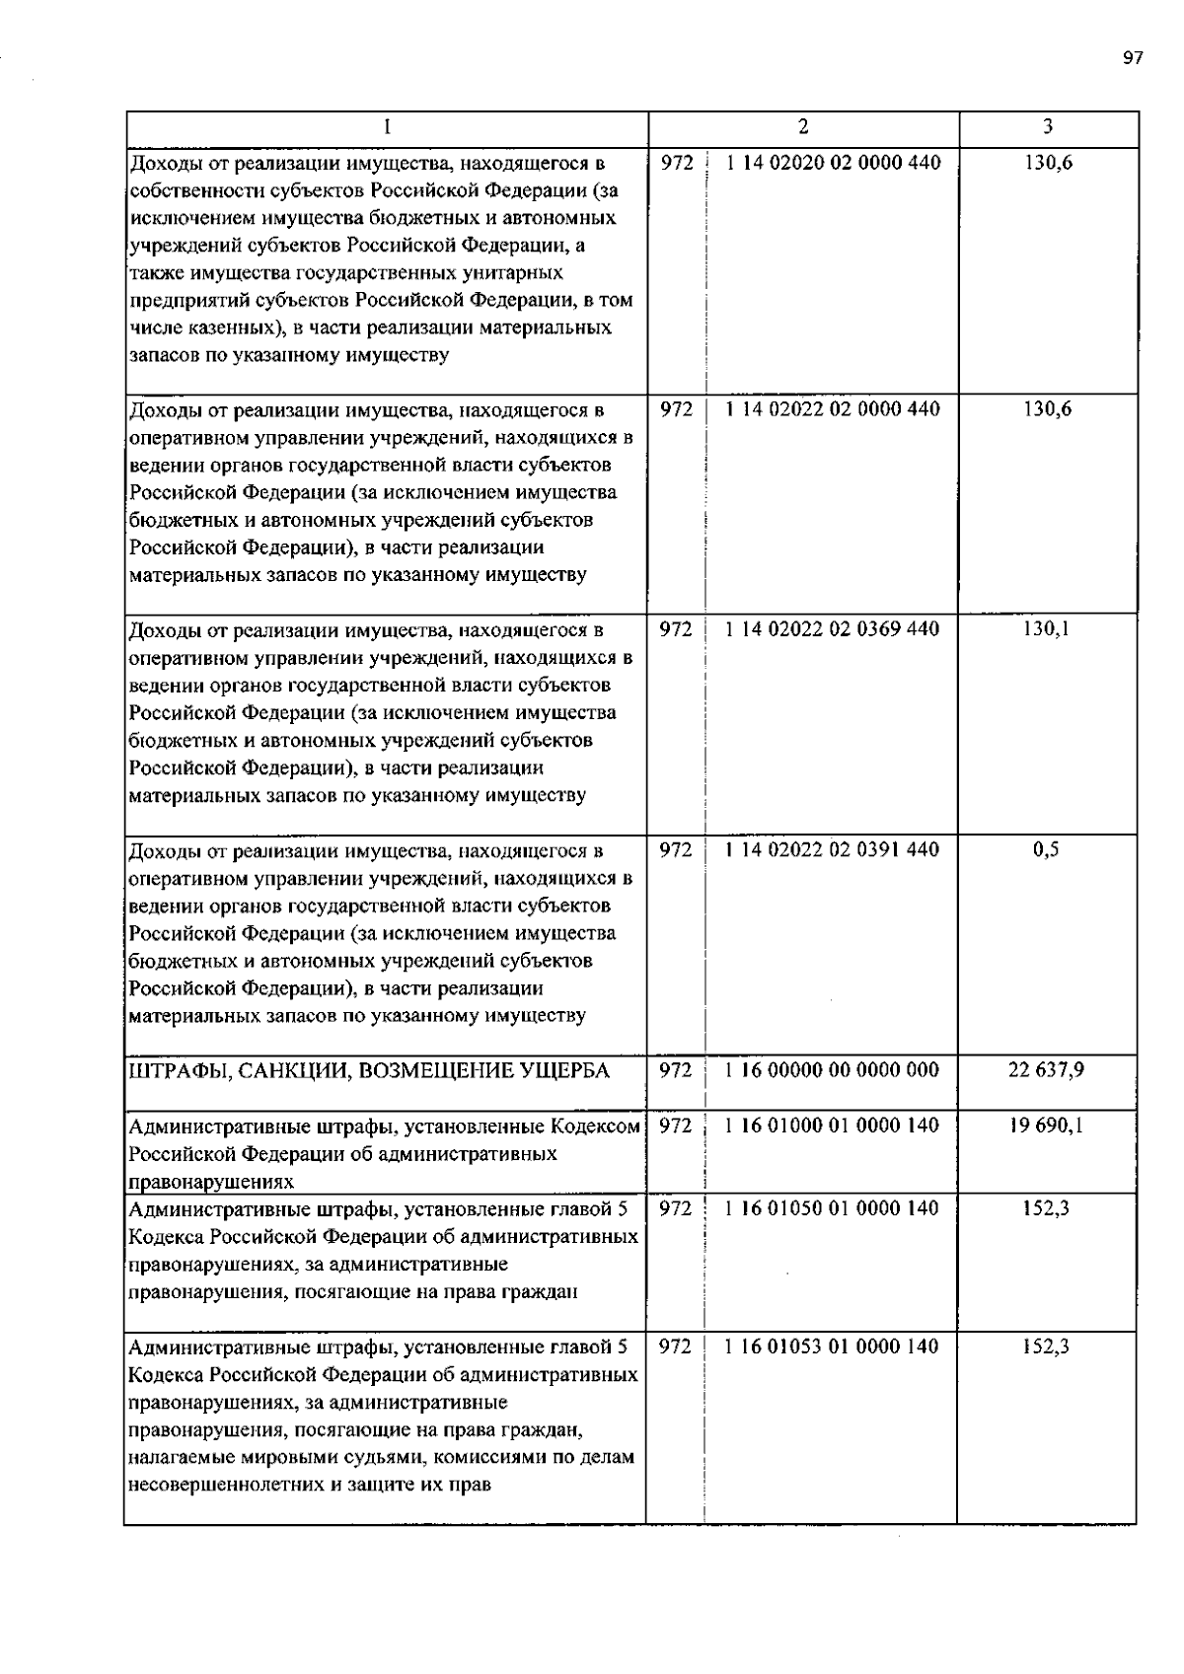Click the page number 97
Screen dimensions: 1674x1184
point(1132,57)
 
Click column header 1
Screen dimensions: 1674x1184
point(387,126)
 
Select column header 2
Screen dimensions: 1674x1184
point(803,126)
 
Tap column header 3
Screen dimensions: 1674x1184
point(1047,126)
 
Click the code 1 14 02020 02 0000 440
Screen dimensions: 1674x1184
point(833,163)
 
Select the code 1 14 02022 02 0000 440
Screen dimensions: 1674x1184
point(833,409)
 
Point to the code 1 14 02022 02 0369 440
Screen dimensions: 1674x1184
point(833,629)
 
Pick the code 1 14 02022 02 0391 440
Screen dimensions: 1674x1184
point(833,850)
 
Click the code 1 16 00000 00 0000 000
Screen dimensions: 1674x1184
point(833,1070)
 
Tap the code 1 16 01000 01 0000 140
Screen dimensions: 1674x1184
point(833,1126)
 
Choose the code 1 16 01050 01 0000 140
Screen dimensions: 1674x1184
point(833,1208)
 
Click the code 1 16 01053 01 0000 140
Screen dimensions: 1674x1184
point(833,1346)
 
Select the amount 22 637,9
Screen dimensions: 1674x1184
point(1046,1070)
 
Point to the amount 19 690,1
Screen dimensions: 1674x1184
point(1046,1126)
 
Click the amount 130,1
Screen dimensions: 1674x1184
point(1046,629)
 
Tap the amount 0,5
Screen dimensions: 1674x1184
point(1046,850)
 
